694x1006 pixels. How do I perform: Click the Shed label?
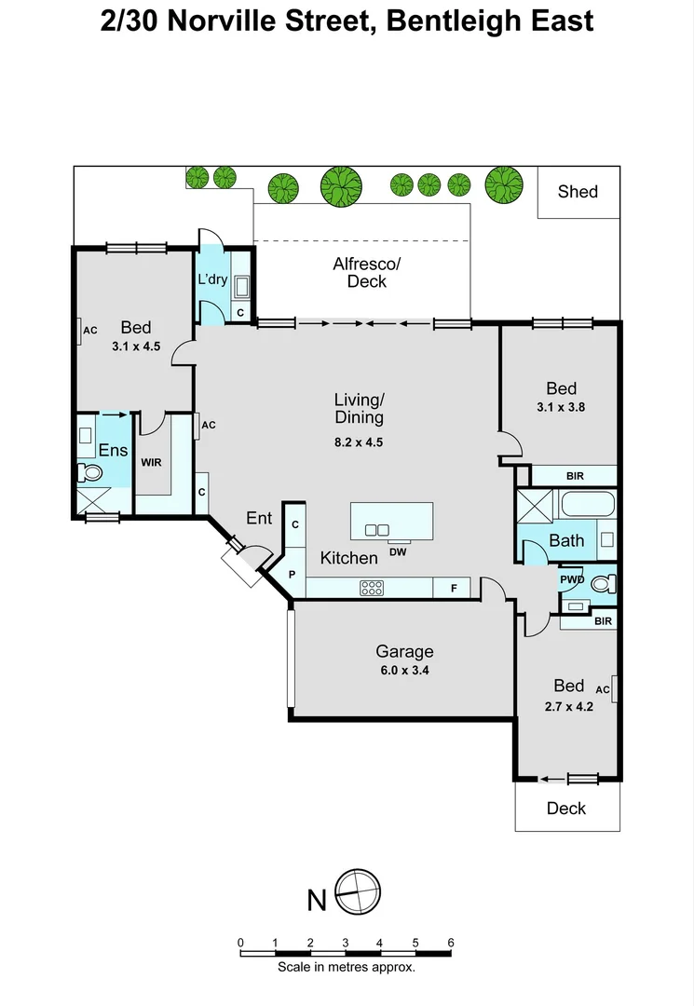point(578,192)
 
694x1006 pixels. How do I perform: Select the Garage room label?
point(404,652)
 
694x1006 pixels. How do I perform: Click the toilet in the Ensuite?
point(89,472)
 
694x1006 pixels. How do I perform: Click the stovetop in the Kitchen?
point(373,588)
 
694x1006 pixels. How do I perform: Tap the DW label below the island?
point(399,551)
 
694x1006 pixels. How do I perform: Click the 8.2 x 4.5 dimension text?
point(359,442)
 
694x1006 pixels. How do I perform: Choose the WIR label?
point(152,462)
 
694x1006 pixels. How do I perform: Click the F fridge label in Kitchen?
point(454,589)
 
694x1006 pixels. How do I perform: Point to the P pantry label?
point(292,575)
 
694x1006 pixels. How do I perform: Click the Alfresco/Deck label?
point(360,273)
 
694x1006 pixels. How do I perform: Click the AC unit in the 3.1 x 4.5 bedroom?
point(81,330)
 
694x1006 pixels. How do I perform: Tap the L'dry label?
point(212,279)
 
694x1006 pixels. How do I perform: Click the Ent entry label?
point(259,518)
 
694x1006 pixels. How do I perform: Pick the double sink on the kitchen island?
point(377,530)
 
